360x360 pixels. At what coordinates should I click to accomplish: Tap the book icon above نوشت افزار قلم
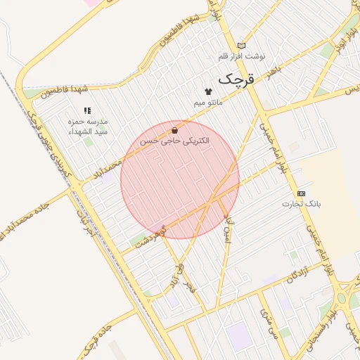(x=242, y=45)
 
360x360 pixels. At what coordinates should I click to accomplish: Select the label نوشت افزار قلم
(x=241, y=56)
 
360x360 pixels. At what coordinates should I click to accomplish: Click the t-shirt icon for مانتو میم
(x=208, y=91)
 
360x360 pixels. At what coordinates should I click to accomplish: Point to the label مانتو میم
(x=208, y=103)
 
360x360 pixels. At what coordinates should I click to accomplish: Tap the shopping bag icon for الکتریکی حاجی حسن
(x=174, y=130)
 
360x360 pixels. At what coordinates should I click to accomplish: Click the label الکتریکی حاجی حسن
(x=174, y=141)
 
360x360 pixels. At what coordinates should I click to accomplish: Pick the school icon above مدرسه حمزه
(x=88, y=110)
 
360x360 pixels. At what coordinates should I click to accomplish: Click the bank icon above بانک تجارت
(x=302, y=193)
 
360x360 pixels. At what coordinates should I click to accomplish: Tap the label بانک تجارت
(x=301, y=204)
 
